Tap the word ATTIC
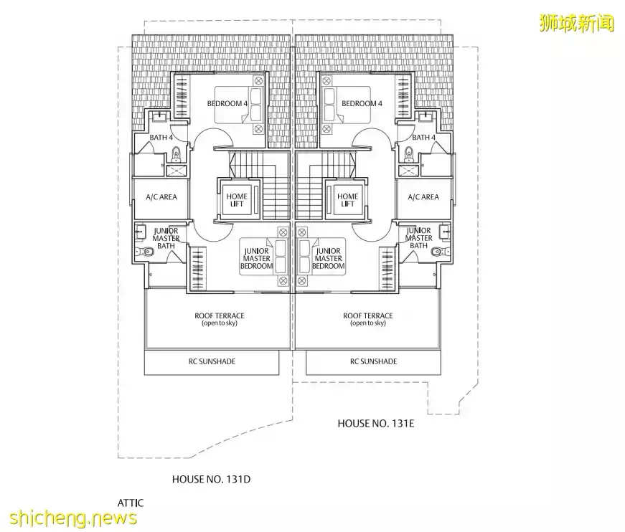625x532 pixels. point(130,503)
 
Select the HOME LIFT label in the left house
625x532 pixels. point(237,200)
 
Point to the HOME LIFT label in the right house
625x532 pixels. point(347,200)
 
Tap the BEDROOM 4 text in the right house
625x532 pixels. point(362,104)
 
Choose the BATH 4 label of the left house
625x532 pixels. point(161,138)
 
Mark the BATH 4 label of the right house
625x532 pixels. point(423,138)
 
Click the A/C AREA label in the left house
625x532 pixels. point(161,197)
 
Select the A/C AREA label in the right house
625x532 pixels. point(423,197)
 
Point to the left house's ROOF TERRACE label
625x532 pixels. point(219,319)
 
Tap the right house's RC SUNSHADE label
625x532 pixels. point(373,361)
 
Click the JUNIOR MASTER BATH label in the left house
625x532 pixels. point(166,238)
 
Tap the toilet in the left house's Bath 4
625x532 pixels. point(176,151)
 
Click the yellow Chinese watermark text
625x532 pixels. point(577,24)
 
